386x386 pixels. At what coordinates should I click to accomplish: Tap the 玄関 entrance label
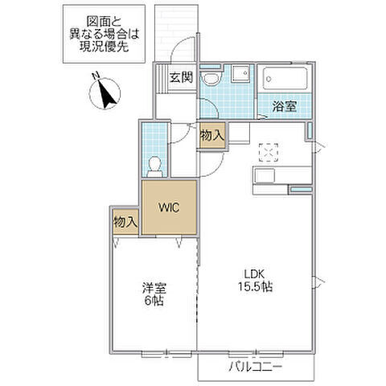click(181, 78)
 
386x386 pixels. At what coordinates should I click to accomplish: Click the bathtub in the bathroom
click(285, 80)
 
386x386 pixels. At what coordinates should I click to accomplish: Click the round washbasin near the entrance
click(210, 78)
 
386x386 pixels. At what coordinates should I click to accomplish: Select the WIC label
click(168, 207)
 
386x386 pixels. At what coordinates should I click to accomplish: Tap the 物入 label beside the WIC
click(125, 220)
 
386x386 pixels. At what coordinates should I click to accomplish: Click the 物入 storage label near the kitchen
click(211, 137)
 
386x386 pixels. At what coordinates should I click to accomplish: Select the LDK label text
click(256, 273)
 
